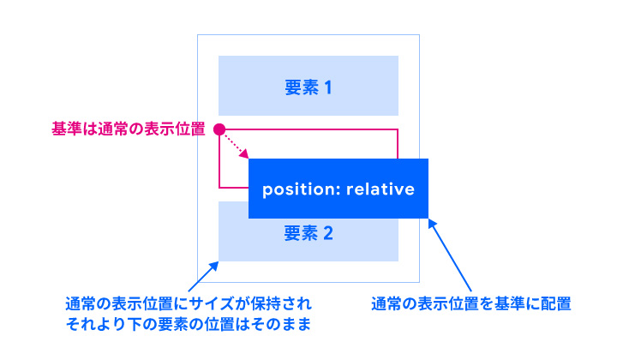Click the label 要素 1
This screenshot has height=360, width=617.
(308, 87)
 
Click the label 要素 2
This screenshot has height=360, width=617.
(308, 232)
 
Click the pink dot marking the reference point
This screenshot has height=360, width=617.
(219, 129)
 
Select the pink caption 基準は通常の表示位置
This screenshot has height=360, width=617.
(129, 129)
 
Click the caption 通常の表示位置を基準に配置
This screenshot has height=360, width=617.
(470, 303)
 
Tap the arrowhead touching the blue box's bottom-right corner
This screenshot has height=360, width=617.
(431, 222)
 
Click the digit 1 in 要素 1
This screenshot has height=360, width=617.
(326, 87)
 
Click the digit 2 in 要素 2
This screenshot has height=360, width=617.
(326, 232)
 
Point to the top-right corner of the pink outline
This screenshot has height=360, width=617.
(398, 129)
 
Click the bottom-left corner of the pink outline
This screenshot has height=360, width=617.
(219, 187)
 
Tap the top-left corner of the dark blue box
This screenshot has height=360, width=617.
(249, 159)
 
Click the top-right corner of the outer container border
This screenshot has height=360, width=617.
(419, 35)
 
